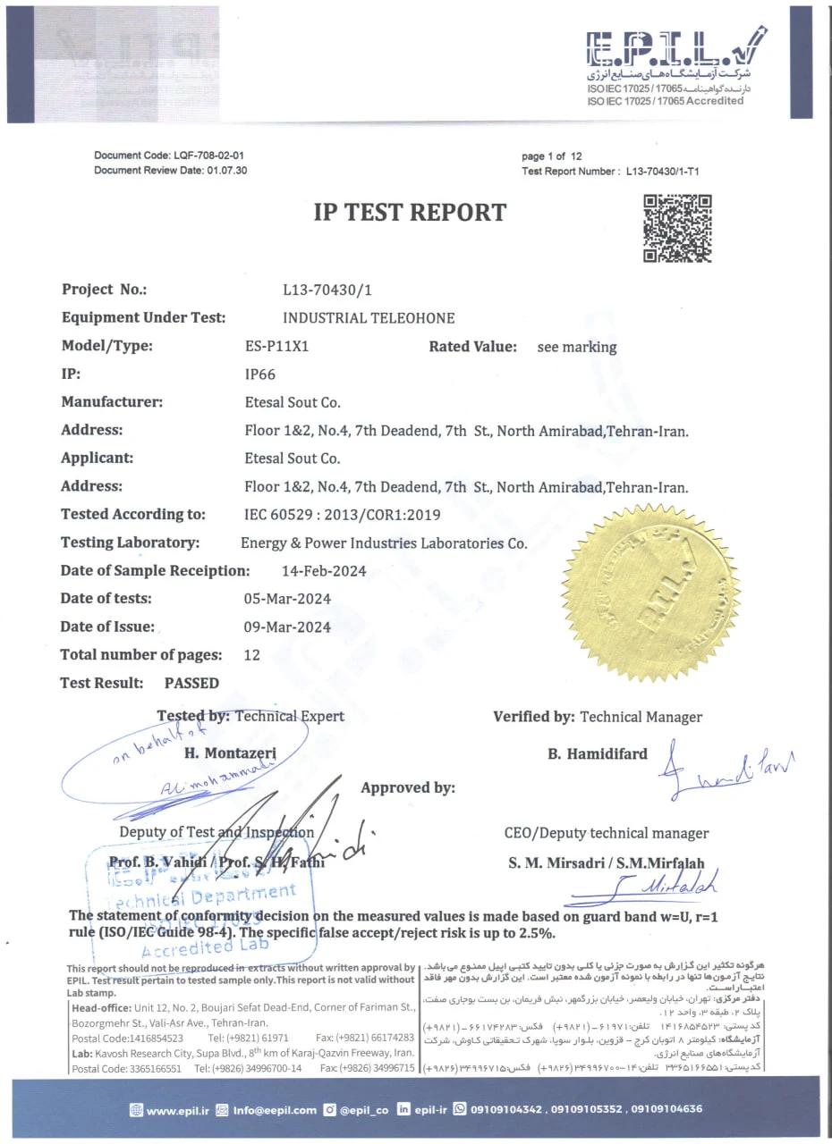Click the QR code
coord(677,229)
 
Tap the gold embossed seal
coord(639,593)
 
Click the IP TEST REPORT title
coord(410,213)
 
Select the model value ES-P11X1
coord(276,346)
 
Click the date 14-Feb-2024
coord(323,571)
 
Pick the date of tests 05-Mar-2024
coord(287,599)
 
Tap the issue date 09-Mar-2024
coord(287,627)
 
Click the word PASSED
coord(191,683)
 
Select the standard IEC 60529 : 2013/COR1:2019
coord(342,515)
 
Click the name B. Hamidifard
coord(598,753)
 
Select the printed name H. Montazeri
coord(230,753)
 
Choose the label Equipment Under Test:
coord(143,317)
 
